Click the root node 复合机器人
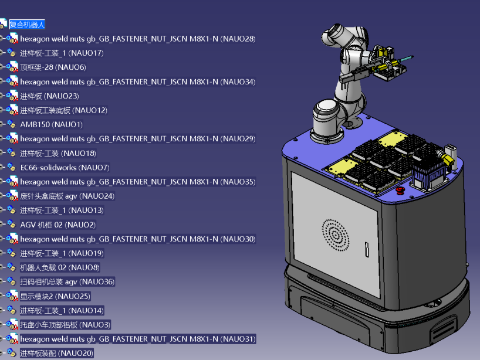[27, 25]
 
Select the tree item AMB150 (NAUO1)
[52, 124]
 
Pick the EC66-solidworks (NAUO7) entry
[65, 168]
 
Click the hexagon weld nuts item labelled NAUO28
[138, 39]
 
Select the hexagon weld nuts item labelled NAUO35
[138, 182]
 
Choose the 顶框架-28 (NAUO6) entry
[53, 67]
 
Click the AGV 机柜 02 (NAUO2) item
[58, 225]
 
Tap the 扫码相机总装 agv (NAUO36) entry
[67, 281]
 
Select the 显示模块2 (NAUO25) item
[55, 296]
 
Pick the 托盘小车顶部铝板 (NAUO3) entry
[65, 325]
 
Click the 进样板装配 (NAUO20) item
[57, 354]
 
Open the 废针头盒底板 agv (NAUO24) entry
[67, 196]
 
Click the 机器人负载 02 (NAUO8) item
[60, 267]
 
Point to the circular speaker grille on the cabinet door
[336, 235]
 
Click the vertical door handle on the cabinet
[367, 249]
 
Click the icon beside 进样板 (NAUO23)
[12, 96]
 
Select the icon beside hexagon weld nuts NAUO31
[12, 339]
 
